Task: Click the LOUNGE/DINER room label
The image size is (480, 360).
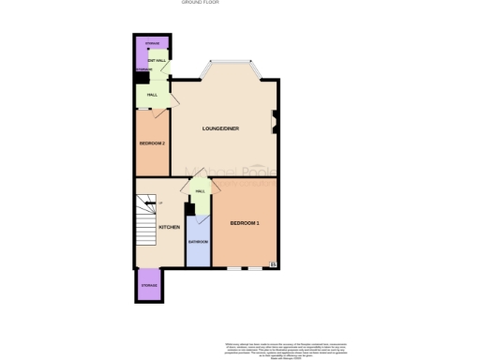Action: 223,128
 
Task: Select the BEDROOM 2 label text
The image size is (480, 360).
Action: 152,143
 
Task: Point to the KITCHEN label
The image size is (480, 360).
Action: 169,228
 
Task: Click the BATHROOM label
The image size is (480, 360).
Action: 198,242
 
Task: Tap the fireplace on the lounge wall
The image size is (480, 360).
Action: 274,120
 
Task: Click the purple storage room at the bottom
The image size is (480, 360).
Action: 149,286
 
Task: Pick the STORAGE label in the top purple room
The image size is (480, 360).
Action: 152,44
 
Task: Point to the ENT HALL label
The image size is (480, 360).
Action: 157,60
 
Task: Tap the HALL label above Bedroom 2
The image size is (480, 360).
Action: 151,96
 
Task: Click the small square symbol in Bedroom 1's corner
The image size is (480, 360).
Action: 273,263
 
